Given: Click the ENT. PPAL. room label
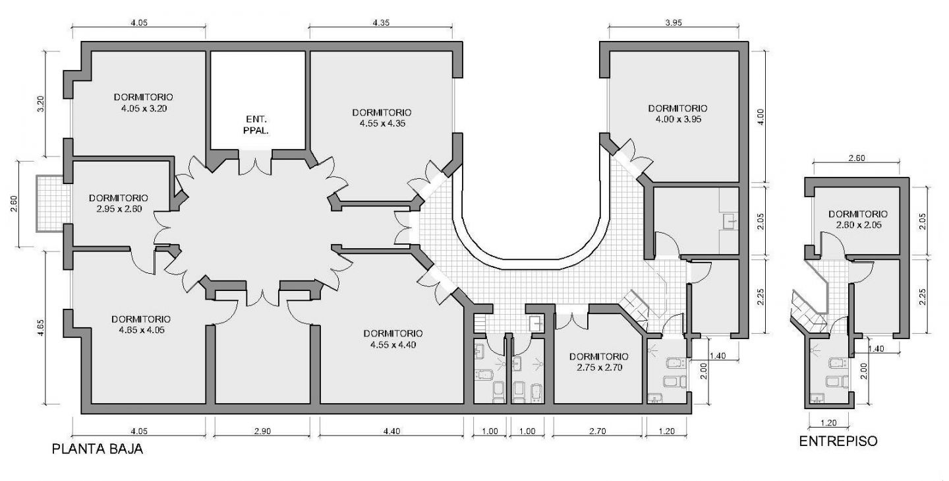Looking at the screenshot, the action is [x=256, y=125].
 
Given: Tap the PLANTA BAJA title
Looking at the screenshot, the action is [x=98, y=449].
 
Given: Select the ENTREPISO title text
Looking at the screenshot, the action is [x=838, y=441].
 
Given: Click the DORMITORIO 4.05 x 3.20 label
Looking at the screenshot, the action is [x=144, y=103].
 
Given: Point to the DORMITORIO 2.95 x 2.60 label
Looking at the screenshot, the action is [x=119, y=203].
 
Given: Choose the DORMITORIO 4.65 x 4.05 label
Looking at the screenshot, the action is [x=142, y=325].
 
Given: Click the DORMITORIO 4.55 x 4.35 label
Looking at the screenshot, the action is [x=382, y=118].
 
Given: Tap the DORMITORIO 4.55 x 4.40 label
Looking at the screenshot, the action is [x=393, y=339].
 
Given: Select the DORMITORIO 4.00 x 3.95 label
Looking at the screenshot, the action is [x=678, y=113].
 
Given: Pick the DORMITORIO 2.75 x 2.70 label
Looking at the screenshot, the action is [x=599, y=362].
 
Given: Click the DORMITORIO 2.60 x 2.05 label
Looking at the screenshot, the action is [x=858, y=219].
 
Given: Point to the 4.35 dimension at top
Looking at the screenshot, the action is [x=381, y=22].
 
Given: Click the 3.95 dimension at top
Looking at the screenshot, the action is [x=674, y=22].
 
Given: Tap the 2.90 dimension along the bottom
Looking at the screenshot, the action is [x=262, y=432].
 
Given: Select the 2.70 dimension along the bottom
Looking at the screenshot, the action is [x=597, y=432].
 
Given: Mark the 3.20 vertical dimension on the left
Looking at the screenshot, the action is [x=41, y=104].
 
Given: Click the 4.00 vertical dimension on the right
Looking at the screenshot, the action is [x=761, y=117].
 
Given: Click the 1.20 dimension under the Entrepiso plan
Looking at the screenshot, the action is [x=828, y=423].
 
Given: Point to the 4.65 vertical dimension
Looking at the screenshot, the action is [x=41, y=327].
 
